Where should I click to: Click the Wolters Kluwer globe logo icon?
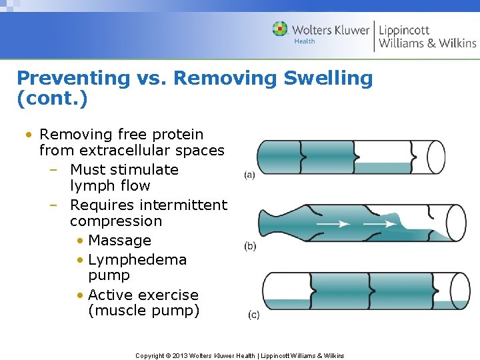[x=280, y=29]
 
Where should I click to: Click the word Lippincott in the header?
[x=404, y=29]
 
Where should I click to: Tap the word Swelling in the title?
[x=328, y=78]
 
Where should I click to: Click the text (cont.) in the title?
[x=52, y=99]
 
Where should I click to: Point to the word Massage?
[x=119, y=240]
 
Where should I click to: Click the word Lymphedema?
[x=137, y=259]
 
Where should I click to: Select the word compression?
[x=116, y=221]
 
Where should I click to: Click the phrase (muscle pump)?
[x=143, y=311]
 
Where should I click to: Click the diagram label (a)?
[x=250, y=175]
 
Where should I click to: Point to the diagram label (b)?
[x=251, y=246]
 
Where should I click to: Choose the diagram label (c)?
[x=253, y=315]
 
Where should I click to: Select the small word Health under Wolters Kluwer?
[x=305, y=41]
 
